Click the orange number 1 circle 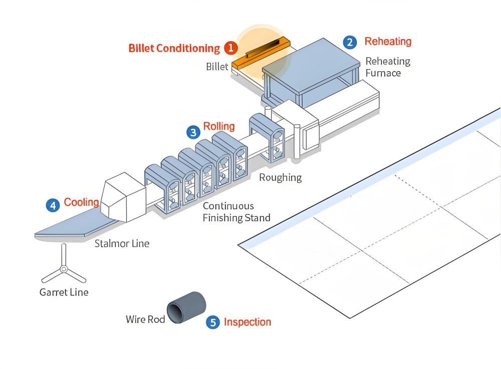pyautogui.click(x=230, y=48)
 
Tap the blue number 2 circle pyautogui.click(x=350, y=42)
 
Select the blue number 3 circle pyautogui.click(x=193, y=132)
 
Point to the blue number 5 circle pyautogui.click(x=213, y=322)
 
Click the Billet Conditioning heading pyautogui.click(x=174, y=49)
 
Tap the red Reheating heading pyautogui.click(x=388, y=42)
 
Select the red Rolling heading pyautogui.click(x=218, y=126)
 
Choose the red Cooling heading pyautogui.click(x=81, y=203)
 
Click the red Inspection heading pyautogui.click(x=247, y=322)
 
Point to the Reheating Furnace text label pyautogui.click(x=387, y=67)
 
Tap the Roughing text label pyautogui.click(x=281, y=177)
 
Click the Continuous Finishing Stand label pyautogui.click(x=236, y=212)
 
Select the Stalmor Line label pyautogui.click(x=122, y=244)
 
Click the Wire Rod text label pyautogui.click(x=145, y=319)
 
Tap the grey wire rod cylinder pyautogui.click(x=187, y=307)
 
